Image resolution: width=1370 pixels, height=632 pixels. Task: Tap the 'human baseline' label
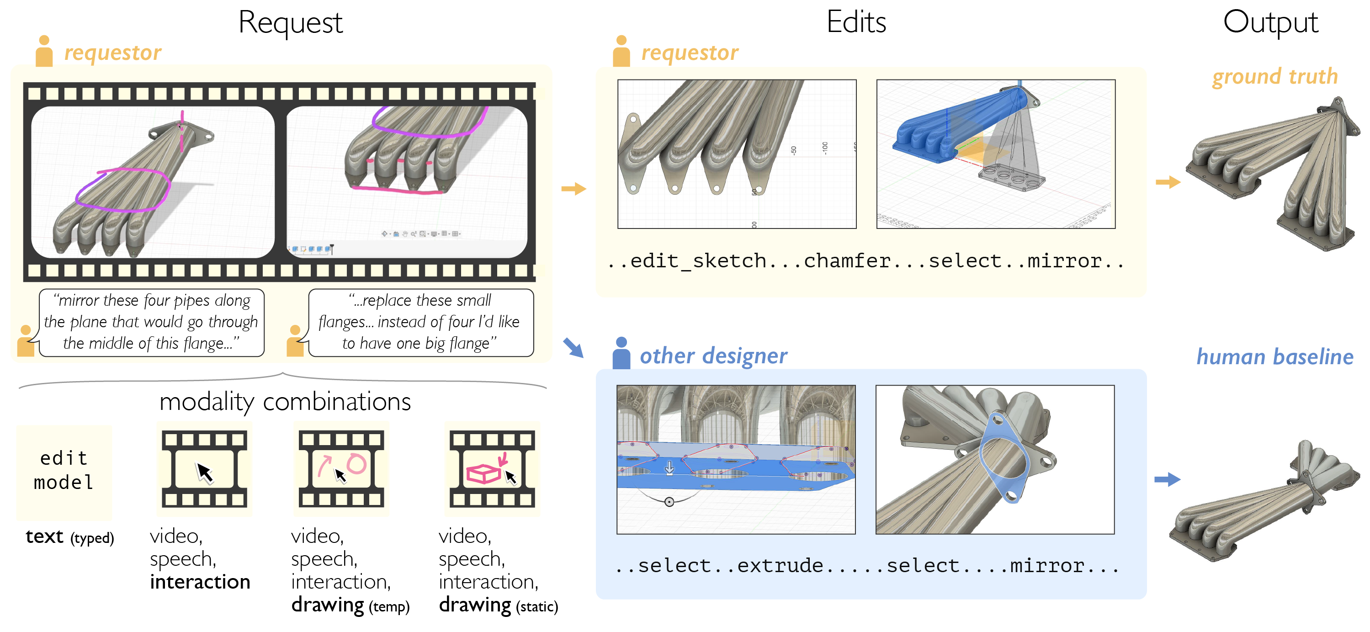pos(1274,356)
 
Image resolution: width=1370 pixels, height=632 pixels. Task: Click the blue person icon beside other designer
pos(621,353)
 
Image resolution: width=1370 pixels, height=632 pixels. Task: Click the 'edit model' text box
pos(64,471)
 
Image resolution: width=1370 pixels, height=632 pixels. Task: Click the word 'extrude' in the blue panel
pos(780,565)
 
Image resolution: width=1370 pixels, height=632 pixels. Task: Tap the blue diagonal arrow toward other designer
pos(573,348)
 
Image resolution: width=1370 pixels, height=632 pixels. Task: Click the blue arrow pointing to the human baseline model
pos(1168,479)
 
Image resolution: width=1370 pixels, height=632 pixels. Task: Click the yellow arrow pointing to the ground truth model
pos(1168,182)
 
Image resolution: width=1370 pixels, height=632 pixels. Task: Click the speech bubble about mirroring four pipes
pos(151,322)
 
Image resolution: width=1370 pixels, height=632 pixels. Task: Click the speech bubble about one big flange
pos(419,322)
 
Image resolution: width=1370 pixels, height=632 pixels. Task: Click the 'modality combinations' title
pos(285,402)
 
